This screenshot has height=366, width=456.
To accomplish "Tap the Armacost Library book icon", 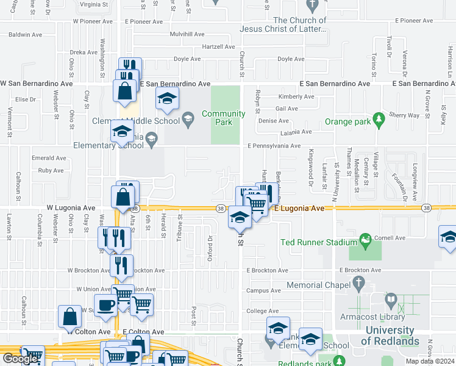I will (391, 300).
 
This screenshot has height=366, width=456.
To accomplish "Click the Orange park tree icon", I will (379, 117).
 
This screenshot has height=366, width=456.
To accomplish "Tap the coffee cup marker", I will (105, 305).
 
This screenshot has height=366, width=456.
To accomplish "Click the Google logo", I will (21, 359).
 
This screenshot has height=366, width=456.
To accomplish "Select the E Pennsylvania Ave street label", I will (274, 146).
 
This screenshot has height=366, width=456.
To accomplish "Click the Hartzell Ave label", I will (218, 47).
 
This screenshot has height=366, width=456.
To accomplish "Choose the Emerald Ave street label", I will (52, 158).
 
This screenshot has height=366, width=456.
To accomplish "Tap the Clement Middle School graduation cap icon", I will (188, 118).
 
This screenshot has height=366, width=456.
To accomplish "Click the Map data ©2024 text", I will (430, 361).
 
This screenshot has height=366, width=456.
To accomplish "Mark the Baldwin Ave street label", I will (28, 35).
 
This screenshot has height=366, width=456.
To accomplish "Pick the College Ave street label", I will (262, 311).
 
